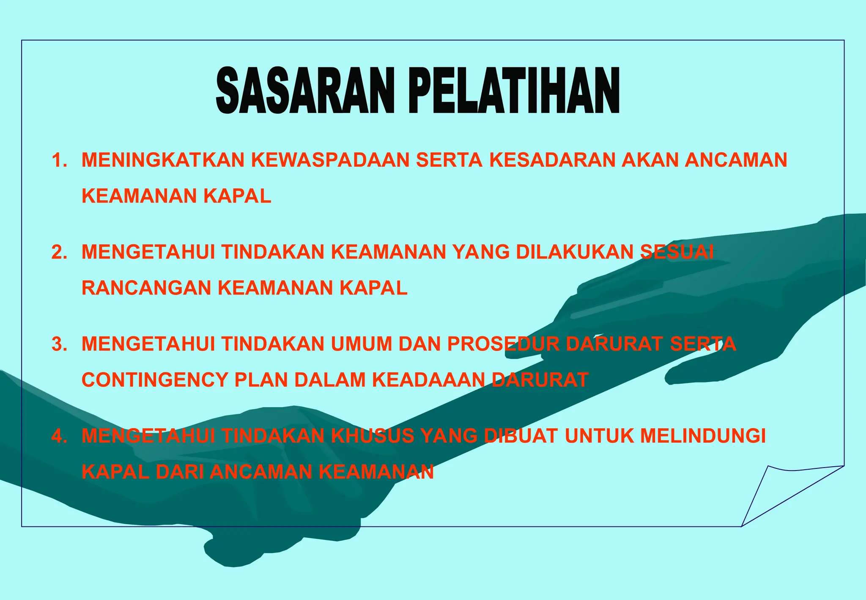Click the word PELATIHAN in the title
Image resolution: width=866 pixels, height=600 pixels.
point(514,91)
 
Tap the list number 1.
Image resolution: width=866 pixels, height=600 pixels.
point(59,160)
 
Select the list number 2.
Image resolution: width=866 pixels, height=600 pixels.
point(59,252)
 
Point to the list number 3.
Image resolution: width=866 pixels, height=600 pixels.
point(59,344)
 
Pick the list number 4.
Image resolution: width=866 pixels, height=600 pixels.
point(59,436)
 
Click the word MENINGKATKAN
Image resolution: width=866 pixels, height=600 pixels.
point(163,160)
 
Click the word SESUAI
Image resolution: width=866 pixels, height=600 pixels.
point(677,252)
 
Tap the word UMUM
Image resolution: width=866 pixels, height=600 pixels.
point(361,344)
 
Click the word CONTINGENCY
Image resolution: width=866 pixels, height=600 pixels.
point(154,380)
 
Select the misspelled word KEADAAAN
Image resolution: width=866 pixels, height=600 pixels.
point(428,380)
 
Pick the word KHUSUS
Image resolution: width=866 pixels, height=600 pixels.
point(372,436)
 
